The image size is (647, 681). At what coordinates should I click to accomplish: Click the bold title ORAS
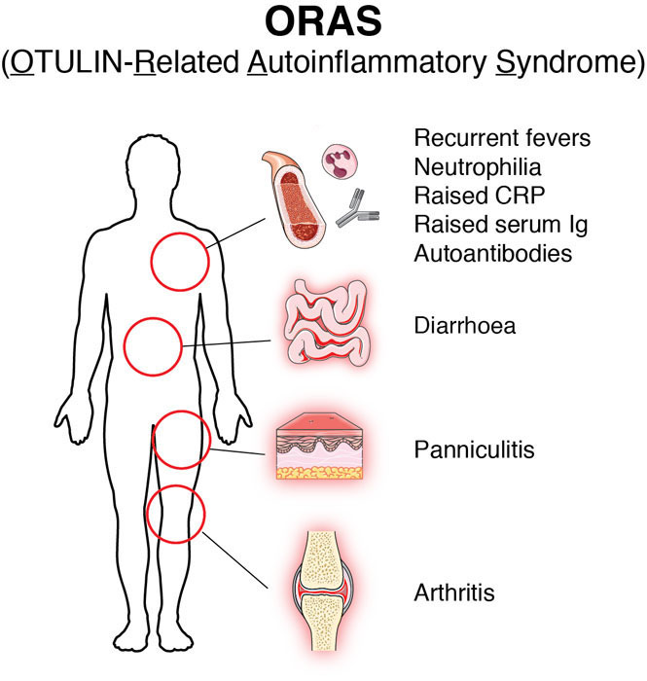[x=323, y=21]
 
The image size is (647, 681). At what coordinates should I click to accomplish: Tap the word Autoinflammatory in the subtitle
[x=368, y=63]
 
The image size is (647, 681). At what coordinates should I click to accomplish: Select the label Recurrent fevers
[x=502, y=138]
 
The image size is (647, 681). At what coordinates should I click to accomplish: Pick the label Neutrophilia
[x=478, y=167]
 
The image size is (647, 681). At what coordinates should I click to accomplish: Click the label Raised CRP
[x=480, y=196]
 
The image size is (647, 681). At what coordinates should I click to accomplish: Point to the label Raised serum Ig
[x=501, y=225]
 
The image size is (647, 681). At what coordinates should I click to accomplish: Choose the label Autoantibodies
[x=493, y=254]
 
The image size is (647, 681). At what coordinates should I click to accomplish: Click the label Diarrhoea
[x=465, y=326]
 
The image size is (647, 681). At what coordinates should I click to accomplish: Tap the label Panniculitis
[x=474, y=449]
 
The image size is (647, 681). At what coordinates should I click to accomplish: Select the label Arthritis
[x=454, y=592]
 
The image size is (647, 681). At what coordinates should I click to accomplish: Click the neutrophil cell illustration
[x=341, y=161]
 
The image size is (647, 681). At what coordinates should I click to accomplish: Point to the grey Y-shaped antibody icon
[x=357, y=208]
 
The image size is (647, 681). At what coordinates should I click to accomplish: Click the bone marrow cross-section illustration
[x=294, y=199]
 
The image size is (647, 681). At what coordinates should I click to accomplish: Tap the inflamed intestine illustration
[x=327, y=323]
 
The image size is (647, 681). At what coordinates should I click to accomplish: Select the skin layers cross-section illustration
[x=319, y=446]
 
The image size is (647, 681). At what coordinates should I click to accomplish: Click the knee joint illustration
[x=323, y=591]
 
